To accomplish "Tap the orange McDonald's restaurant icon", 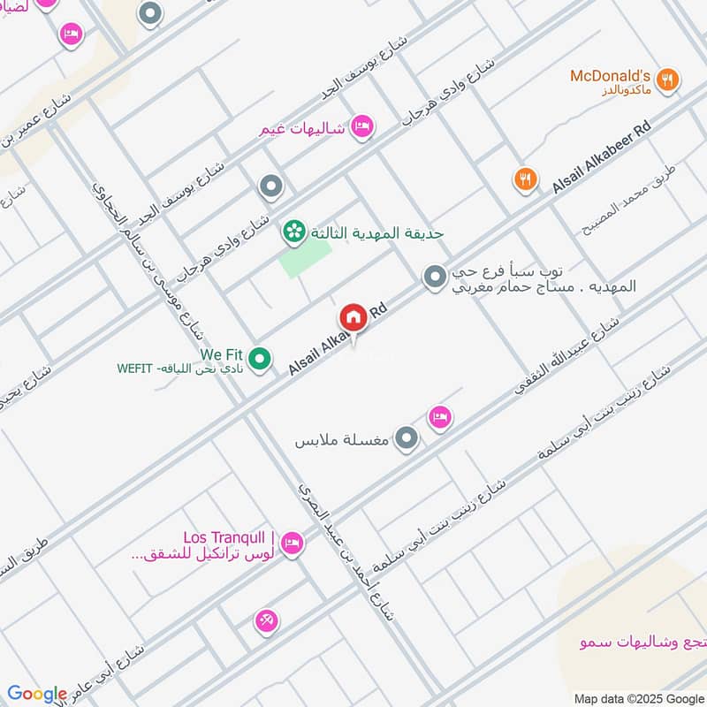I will pos(670,80).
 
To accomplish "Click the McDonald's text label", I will pos(611,76).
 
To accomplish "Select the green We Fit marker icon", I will pos(259,359).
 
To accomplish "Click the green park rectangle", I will pos(306,259).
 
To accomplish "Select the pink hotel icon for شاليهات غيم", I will pos(361,127).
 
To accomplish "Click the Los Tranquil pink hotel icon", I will pos(293,543).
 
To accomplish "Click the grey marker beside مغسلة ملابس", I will pos(406,437).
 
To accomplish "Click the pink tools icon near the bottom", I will pos(266,621).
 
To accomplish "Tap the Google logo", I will pos(36,694).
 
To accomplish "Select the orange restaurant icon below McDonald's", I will pos(526,180).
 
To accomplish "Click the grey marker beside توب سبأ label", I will pos(434,277).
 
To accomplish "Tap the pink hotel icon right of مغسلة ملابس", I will pos(439,417).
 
